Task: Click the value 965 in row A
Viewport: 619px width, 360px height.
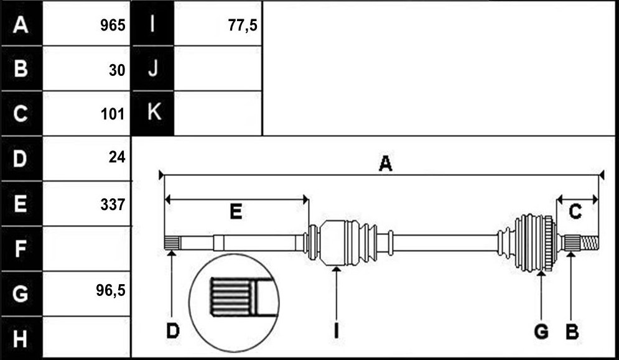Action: pos(113,25)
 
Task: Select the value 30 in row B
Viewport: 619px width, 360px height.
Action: pos(117,70)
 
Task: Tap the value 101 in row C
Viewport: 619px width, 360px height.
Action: pos(113,114)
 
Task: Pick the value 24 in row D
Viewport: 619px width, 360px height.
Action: pos(117,157)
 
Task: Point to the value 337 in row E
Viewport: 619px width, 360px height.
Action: pos(113,205)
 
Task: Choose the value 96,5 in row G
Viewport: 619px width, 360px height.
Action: pos(111,290)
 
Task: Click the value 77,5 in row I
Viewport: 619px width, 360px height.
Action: pos(243,25)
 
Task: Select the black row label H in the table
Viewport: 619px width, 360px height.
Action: pos(21,339)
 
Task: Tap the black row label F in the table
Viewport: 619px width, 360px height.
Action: pos(21,249)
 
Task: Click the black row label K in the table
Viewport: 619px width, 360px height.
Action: pos(154,113)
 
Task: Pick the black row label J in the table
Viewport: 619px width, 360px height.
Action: pos(153,68)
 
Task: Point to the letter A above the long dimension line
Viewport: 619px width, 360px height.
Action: pos(385,164)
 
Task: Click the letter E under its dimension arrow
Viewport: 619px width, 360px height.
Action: pos(236,212)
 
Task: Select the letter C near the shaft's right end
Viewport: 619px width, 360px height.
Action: pos(575,212)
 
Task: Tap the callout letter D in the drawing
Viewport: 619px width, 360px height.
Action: pos(172,331)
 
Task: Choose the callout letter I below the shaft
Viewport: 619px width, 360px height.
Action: pos(336,331)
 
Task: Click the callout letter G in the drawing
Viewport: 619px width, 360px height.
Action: pos(541,331)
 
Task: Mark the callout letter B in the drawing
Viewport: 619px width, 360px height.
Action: pos(572,331)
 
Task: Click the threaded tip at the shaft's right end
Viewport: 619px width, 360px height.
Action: pos(589,242)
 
